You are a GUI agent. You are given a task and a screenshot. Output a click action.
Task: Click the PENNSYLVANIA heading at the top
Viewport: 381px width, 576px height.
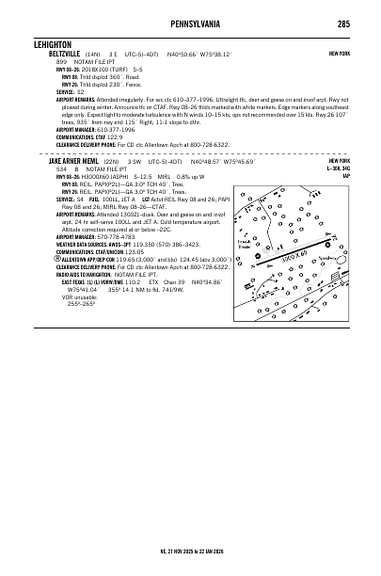coord(191,23)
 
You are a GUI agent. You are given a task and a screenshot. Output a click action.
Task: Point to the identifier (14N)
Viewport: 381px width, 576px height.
coord(91,55)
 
